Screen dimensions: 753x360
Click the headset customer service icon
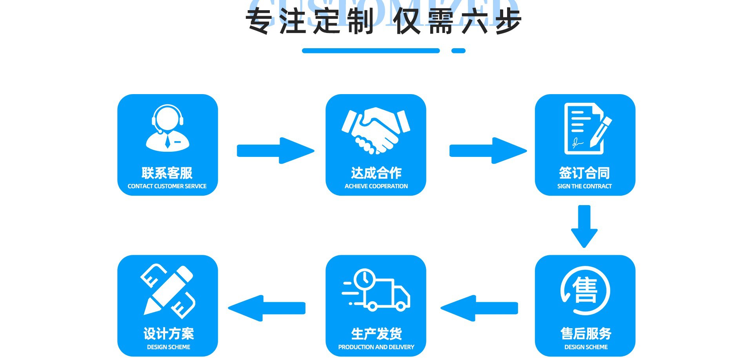167,128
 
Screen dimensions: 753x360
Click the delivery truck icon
376,290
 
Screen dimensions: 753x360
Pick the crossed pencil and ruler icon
168,291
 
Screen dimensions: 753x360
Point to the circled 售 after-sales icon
585,291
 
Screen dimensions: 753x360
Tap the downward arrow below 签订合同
584,226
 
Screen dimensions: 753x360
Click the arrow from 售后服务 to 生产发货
479,308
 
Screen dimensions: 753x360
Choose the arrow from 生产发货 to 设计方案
267,308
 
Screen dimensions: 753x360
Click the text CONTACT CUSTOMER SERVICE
167,186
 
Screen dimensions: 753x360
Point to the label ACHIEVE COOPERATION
376,186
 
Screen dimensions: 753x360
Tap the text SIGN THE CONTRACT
584,186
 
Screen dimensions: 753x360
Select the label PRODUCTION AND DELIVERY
376,347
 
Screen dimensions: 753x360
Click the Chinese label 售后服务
586,334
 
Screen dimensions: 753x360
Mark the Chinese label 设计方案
169,334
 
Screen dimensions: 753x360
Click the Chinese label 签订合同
584,173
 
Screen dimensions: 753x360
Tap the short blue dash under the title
458,51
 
